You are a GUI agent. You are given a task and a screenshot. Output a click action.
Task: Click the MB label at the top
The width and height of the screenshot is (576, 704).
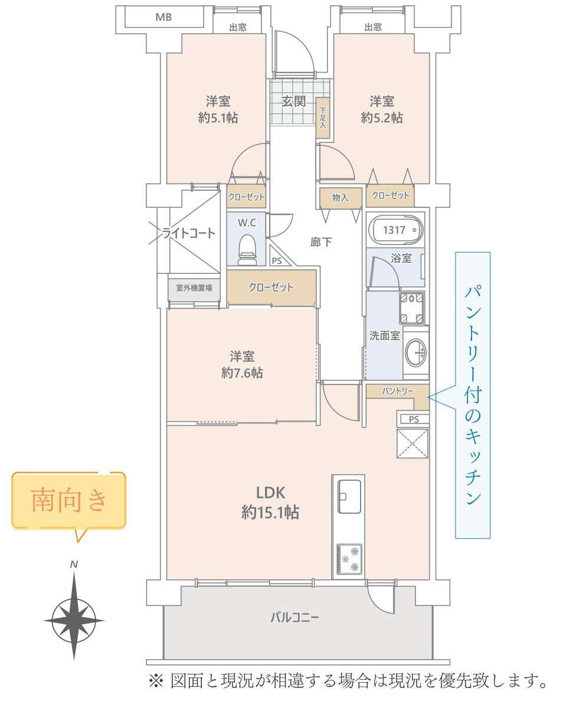click(x=163, y=17)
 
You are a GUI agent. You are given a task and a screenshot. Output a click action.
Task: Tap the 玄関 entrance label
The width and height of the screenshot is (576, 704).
click(x=293, y=102)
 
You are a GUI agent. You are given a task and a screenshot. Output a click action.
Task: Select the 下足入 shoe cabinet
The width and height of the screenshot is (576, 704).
click(x=323, y=118)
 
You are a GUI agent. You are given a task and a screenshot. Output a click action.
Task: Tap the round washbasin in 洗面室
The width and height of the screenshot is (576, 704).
click(x=415, y=353)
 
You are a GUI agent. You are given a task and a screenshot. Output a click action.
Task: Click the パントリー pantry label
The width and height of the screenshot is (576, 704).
click(x=397, y=391)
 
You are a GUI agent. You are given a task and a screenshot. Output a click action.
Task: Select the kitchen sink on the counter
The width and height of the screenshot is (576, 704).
click(x=349, y=496)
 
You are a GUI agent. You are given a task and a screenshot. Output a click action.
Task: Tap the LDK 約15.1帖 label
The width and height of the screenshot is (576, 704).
click(x=270, y=503)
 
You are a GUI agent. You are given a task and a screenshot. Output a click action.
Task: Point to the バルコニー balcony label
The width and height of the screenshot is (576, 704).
click(x=294, y=618)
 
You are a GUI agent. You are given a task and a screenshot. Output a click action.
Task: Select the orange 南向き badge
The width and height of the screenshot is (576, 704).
click(x=69, y=500)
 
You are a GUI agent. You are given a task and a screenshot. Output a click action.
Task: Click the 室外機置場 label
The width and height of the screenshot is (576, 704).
click(x=194, y=289)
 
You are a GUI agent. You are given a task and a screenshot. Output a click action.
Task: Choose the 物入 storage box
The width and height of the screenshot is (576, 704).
click(x=340, y=198)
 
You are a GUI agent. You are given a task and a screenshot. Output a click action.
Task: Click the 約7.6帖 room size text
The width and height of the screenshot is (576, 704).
click(x=242, y=373)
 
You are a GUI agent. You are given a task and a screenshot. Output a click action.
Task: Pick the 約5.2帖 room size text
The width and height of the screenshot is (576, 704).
click(x=382, y=118)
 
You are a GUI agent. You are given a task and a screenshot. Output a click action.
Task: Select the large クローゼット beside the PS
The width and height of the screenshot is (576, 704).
click(x=271, y=288)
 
